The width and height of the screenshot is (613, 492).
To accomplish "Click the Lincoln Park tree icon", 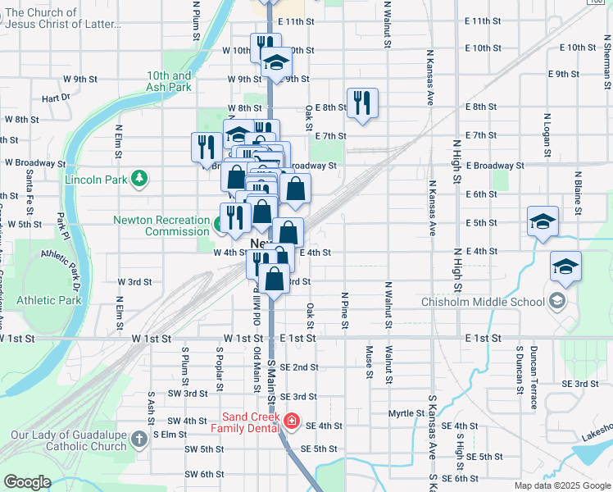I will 140,177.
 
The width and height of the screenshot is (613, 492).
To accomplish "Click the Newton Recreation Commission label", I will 161,225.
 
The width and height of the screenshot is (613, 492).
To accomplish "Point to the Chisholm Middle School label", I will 483,302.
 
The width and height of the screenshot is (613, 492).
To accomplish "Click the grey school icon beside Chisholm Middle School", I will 557,301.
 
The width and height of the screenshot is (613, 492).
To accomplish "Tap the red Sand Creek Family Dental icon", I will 290,421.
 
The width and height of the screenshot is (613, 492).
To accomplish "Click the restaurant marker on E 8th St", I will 362,103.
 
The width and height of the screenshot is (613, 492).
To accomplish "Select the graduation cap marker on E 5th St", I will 543,221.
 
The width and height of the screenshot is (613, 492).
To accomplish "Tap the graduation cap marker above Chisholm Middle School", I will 565,266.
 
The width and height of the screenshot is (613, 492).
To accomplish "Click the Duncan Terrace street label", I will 534,376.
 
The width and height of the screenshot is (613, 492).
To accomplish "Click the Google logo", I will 27,482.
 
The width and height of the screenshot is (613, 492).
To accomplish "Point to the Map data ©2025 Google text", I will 561,485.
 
